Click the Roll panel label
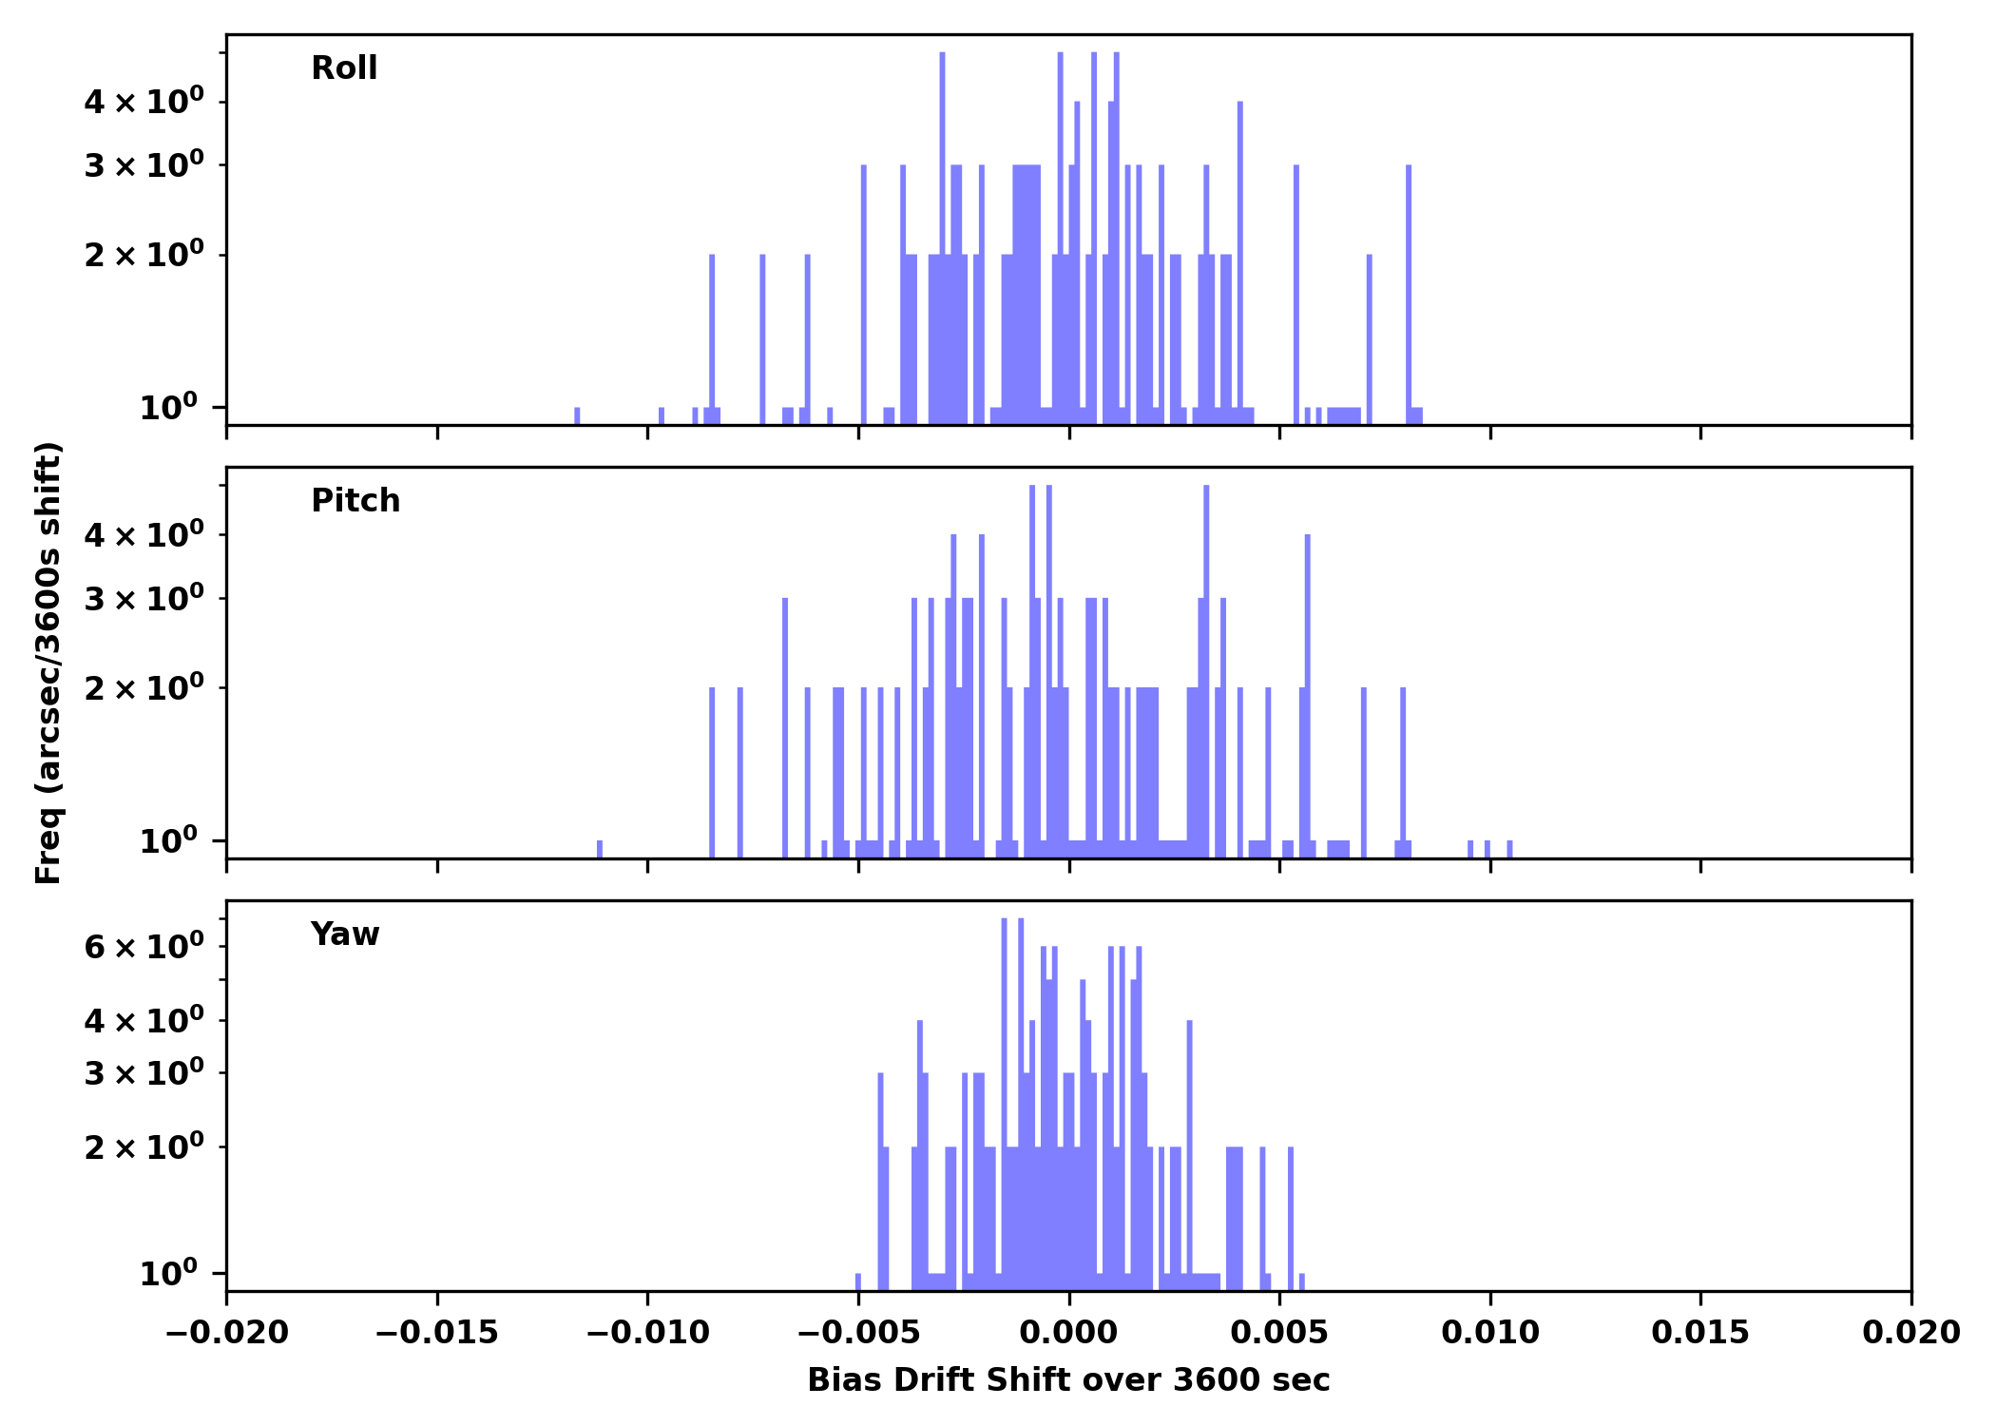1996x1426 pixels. [x=344, y=68]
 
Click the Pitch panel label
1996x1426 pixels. [x=355, y=501]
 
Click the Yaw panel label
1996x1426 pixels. [x=345, y=935]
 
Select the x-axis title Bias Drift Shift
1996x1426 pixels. [x=1068, y=1380]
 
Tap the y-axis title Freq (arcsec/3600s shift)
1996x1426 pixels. [x=48, y=663]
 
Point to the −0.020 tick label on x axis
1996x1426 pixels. [x=226, y=1333]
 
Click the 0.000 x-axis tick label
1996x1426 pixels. [x=1068, y=1333]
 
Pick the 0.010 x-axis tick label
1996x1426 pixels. [x=1489, y=1333]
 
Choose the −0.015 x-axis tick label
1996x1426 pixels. [x=437, y=1333]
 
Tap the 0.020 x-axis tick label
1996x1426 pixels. [x=1910, y=1333]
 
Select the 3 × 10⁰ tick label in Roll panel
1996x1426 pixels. [x=144, y=165]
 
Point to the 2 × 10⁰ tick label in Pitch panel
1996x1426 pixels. [x=144, y=687]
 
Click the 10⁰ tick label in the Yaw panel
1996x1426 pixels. [x=169, y=1272]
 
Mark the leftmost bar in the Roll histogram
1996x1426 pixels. [x=577, y=416]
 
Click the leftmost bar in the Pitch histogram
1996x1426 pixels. [x=600, y=849]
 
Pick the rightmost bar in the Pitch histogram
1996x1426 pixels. [x=1509, y=849]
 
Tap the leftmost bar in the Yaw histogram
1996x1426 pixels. [x=858, y=1281]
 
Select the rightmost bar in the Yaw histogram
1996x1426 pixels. [x=1301, y=1281]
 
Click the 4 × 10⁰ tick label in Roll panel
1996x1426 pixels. [x=144, y=102]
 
